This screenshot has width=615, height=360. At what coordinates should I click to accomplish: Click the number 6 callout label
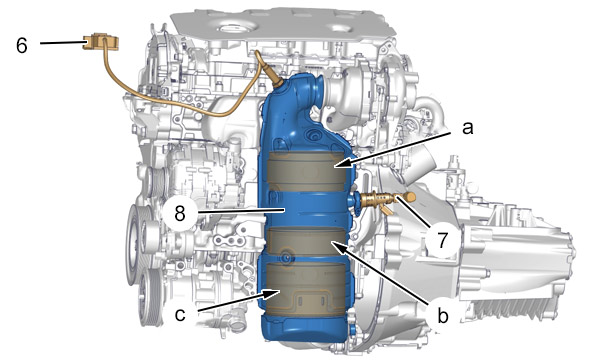(x=22, y=45)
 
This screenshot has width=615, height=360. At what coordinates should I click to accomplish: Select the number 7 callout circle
(x=442, y=240)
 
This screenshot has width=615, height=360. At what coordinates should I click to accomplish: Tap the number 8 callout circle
(x=180, y=214)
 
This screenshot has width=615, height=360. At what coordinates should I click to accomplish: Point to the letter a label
(x=467, y=128)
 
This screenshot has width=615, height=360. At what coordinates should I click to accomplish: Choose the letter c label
(x=180, y=314)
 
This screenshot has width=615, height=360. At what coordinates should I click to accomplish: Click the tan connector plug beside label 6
(x=100, y=42)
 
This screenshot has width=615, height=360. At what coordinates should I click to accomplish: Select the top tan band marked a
(x=307, y=168)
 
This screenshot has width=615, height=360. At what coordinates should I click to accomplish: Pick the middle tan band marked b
(x=306, y=242)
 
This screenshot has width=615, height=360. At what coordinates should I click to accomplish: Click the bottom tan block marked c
(x=306, y=289)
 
